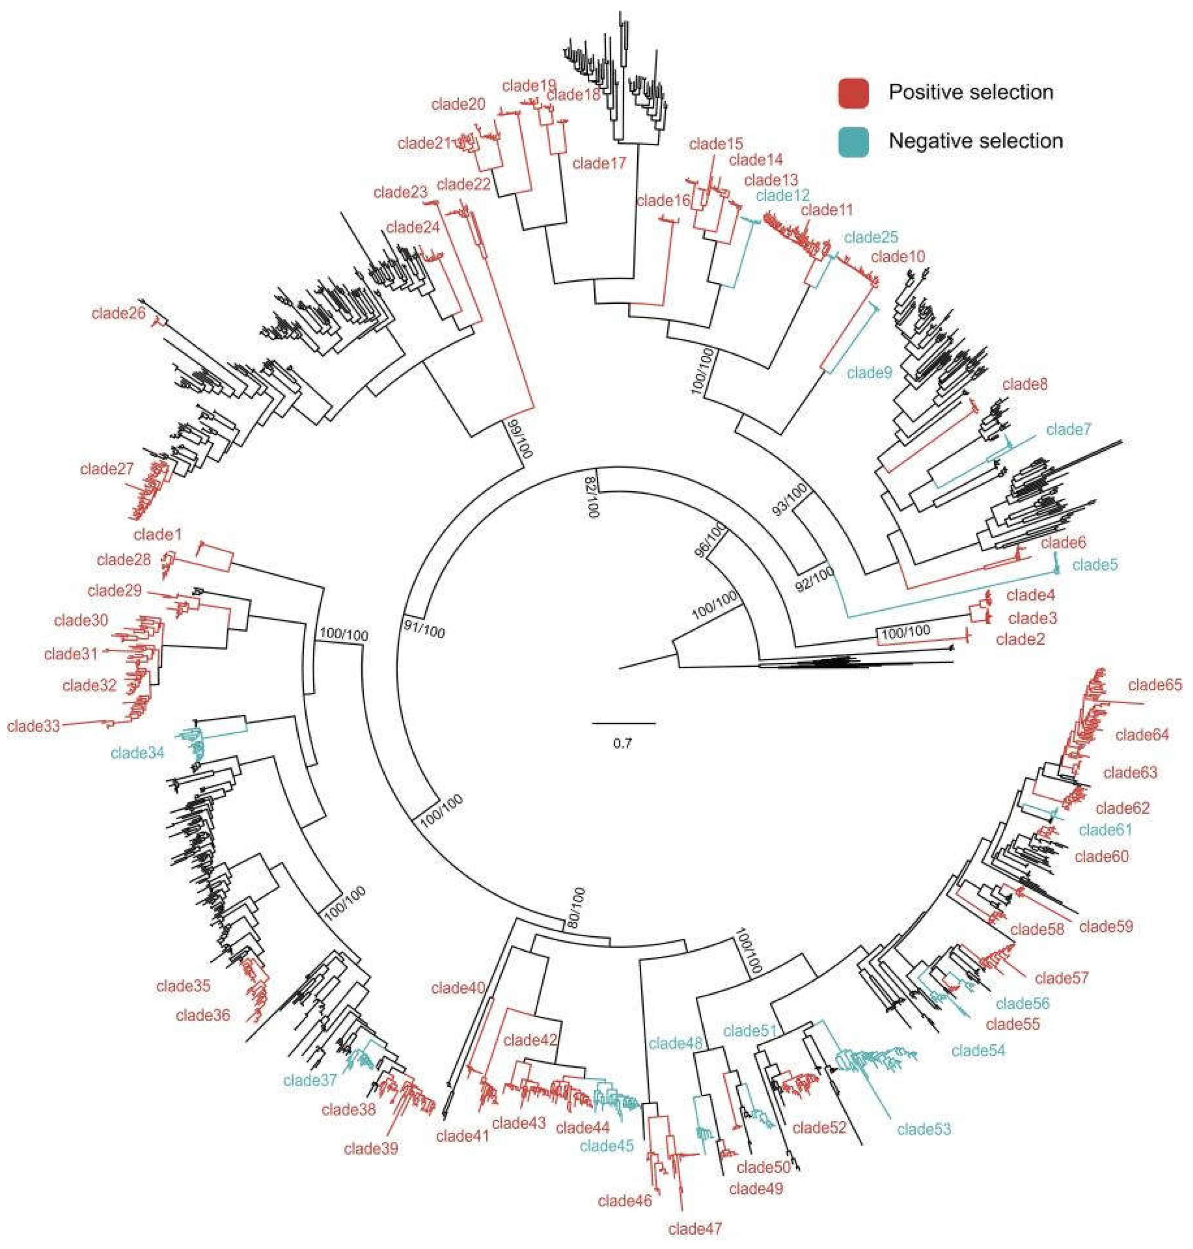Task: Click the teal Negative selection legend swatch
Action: (853, 141)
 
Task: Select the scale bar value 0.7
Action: (622, 743)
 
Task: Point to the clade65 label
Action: (1155, 685)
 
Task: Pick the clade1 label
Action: (158, 534)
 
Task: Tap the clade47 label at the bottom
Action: (695, 1229)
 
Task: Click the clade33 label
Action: (34, 726)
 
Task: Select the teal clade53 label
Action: (924, 1129)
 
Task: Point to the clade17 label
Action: (599, 163)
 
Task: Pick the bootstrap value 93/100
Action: (789, 499)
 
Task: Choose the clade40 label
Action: (458, 988)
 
